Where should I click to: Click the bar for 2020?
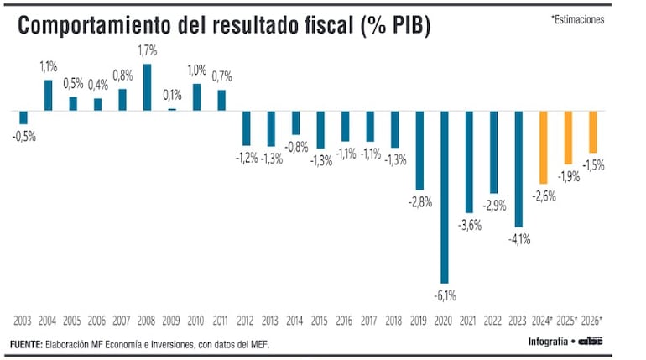tap(445, 196)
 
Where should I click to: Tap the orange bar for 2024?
tap(543, 147)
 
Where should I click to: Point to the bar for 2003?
tap(23, 117)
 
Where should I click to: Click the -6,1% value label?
tap(445, 295)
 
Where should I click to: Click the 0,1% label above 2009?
tap(173, 96)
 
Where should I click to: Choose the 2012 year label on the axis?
tap(246, 321)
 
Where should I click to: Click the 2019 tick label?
tap(419, 321)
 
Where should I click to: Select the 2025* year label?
tap(568, 321)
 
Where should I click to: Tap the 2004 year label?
tap(48, 321)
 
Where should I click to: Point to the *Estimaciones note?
tap(577, 19)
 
